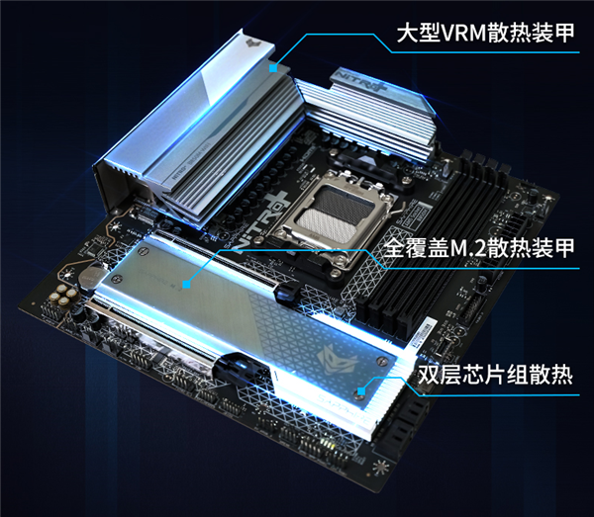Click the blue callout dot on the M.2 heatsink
pos(186,285)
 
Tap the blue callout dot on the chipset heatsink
pos(365,389)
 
